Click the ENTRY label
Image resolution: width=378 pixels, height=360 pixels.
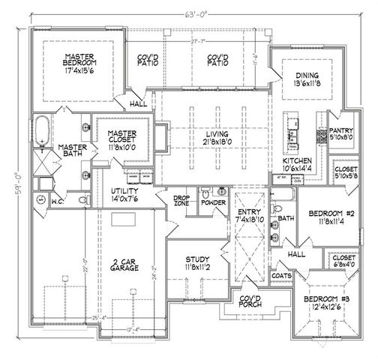tap(247, 214)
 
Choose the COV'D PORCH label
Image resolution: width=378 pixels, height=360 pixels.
tap(250, 301)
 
